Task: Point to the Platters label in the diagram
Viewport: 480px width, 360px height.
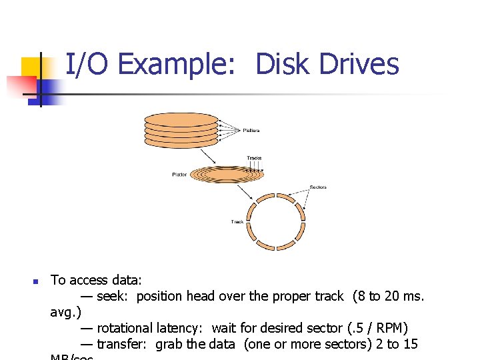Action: pyautogui.click(x=251, y=131)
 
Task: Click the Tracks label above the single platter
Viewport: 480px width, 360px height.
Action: pyautogui.click(x=254, y=158)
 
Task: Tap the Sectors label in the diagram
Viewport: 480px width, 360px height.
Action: pyautogui.click(x=318, y=187)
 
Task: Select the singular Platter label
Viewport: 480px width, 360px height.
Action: pyautogui.click(x=179, y=175)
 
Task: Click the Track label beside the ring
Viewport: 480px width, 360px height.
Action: pyautogui.click(x=237, y=221)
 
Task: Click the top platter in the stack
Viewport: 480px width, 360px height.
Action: pyautogui.click(x=181, y=117)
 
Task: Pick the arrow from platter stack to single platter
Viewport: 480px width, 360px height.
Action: pyautogui.click(x=207, y=155)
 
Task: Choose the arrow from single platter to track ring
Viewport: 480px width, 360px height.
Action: pyautogui.click(x=243, y=192)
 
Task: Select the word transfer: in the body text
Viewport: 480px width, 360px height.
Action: pyautogui.click(x=124, y=344)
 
